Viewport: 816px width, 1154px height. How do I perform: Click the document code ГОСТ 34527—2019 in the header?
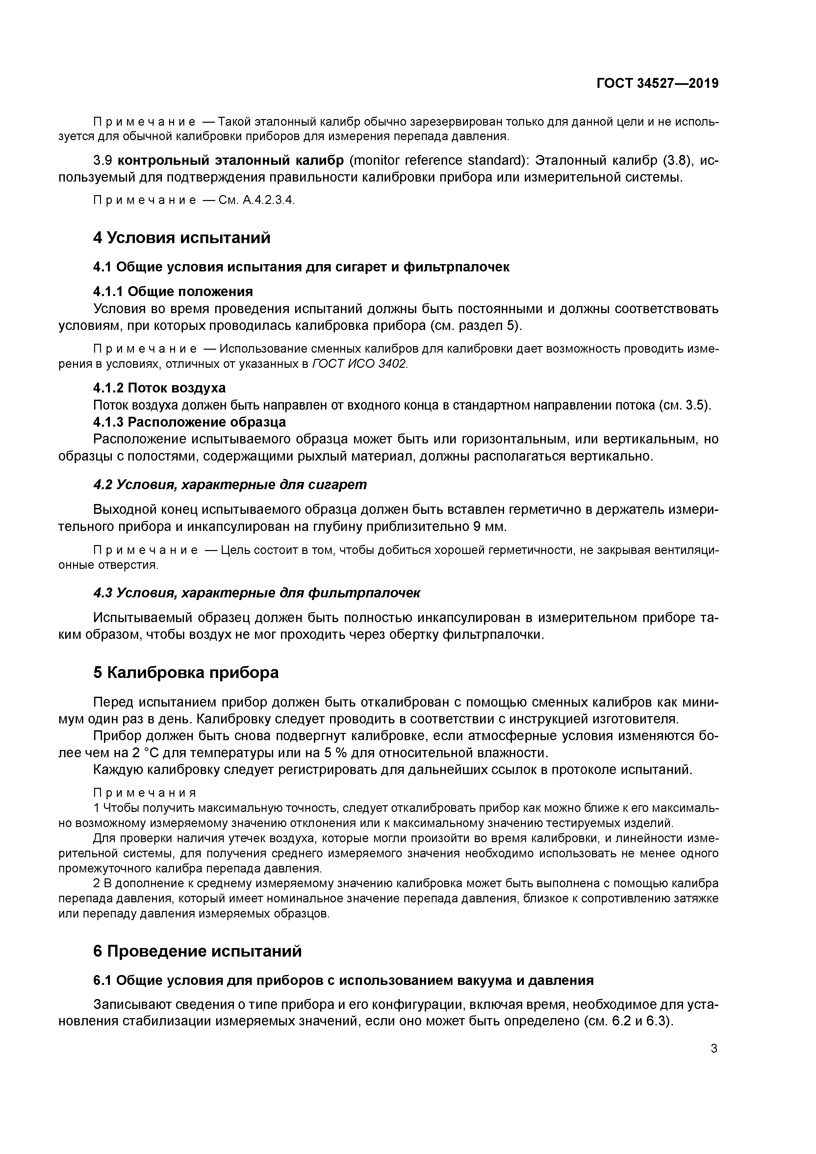point(657,84)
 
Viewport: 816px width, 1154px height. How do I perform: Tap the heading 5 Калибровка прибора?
point(186,672)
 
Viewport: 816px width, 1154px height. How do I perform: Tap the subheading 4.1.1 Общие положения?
point(173,291)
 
